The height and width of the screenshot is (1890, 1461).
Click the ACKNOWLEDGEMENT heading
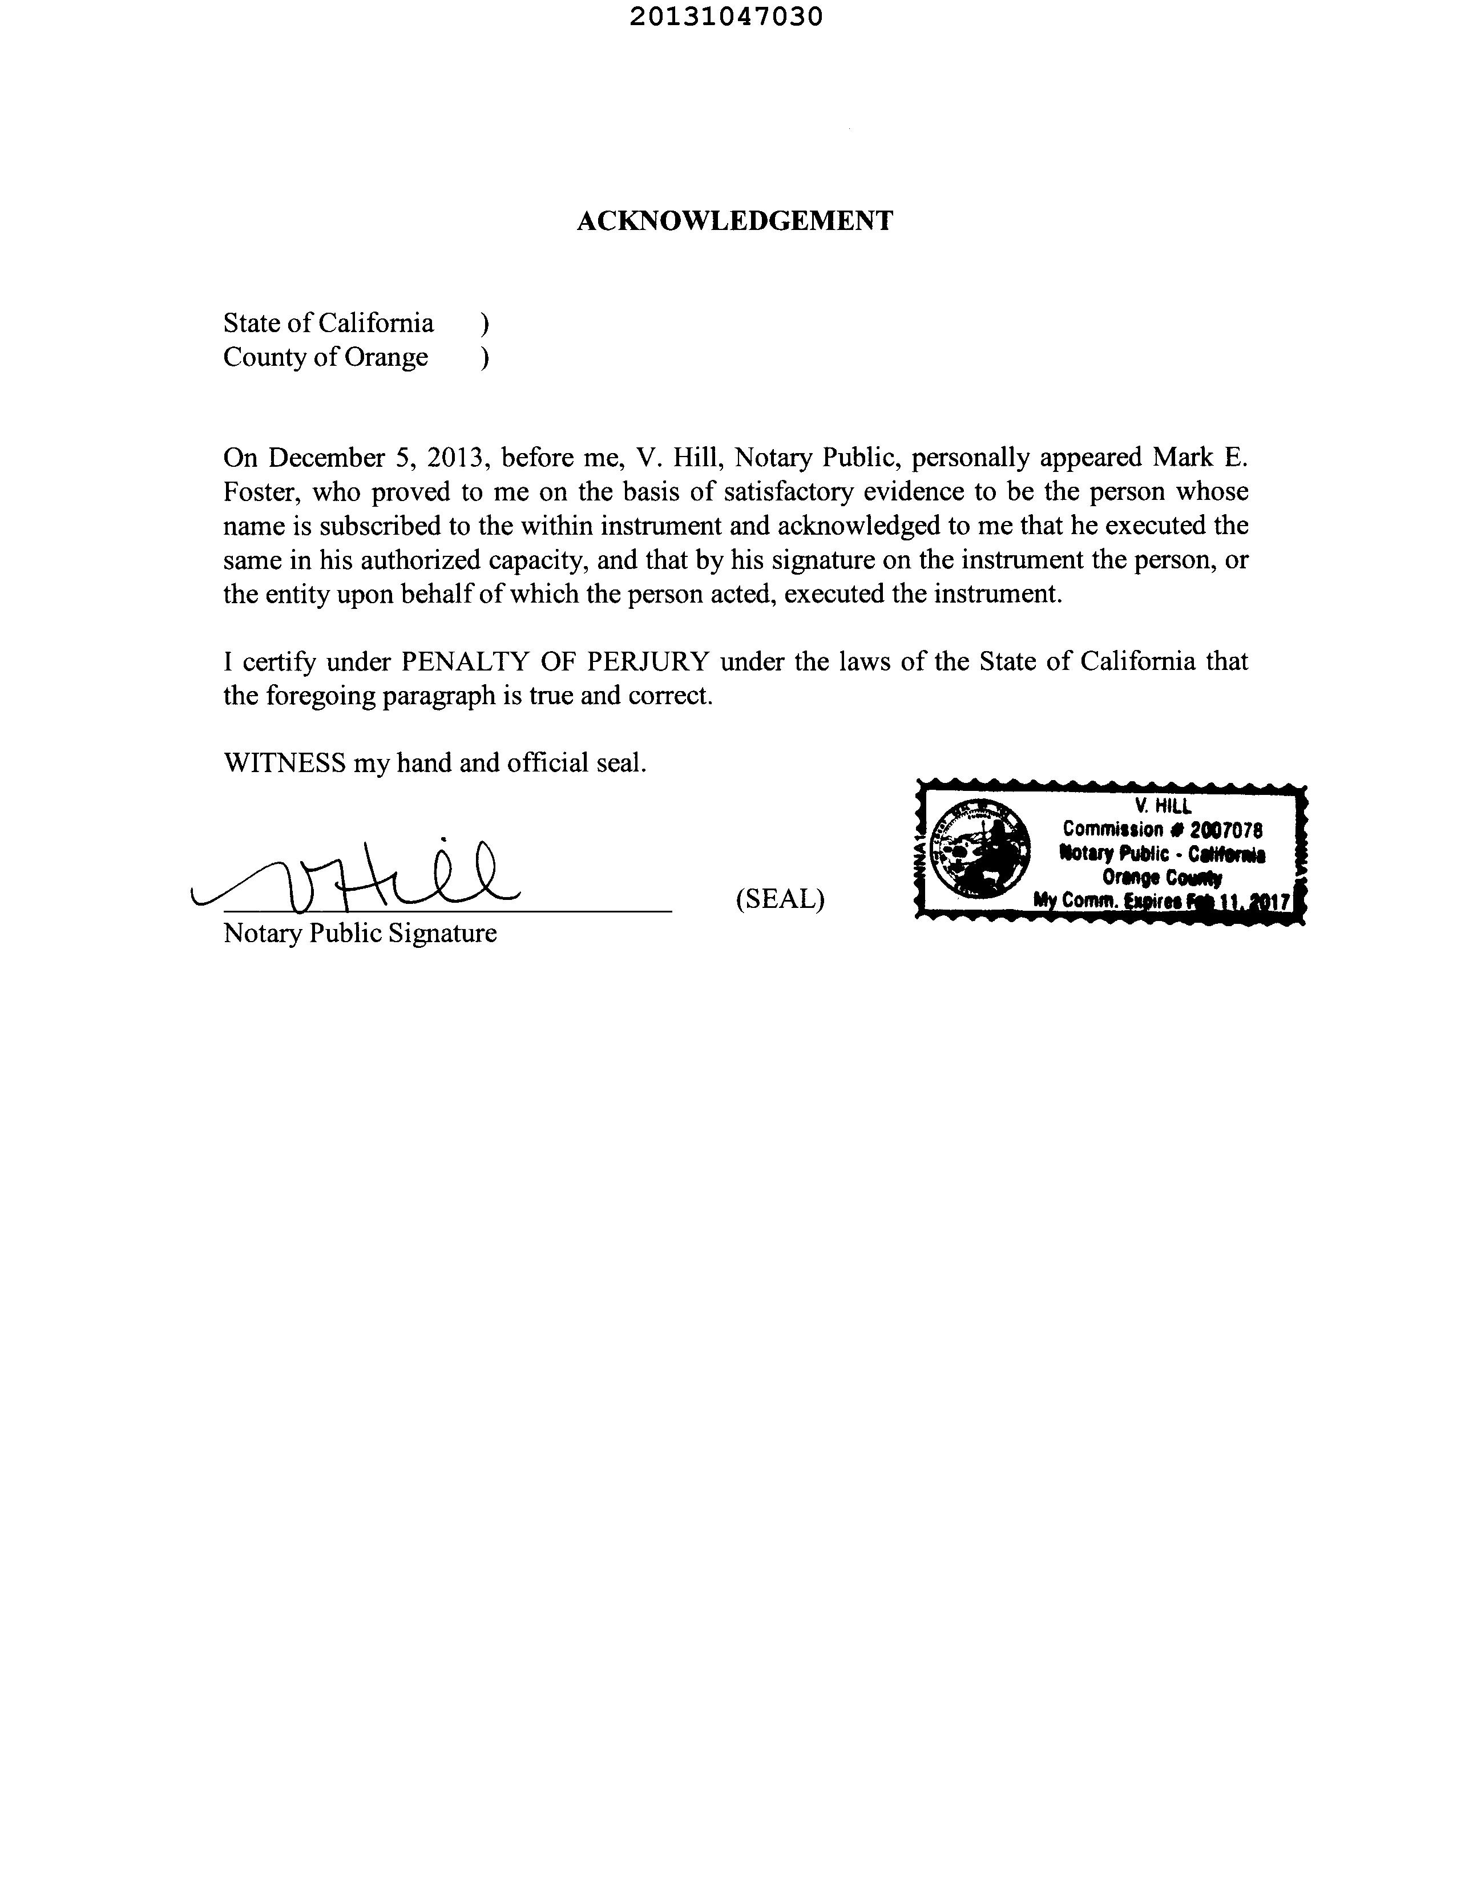pyautogui.click(x=734, y=221)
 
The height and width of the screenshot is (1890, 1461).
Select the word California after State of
pyautogui.click(x=376, y=323)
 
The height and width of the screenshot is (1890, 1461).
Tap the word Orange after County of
pyautogui.click(x=386, y=357)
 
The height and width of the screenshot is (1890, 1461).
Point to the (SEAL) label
pyautogui.click(x=780, y=900)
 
